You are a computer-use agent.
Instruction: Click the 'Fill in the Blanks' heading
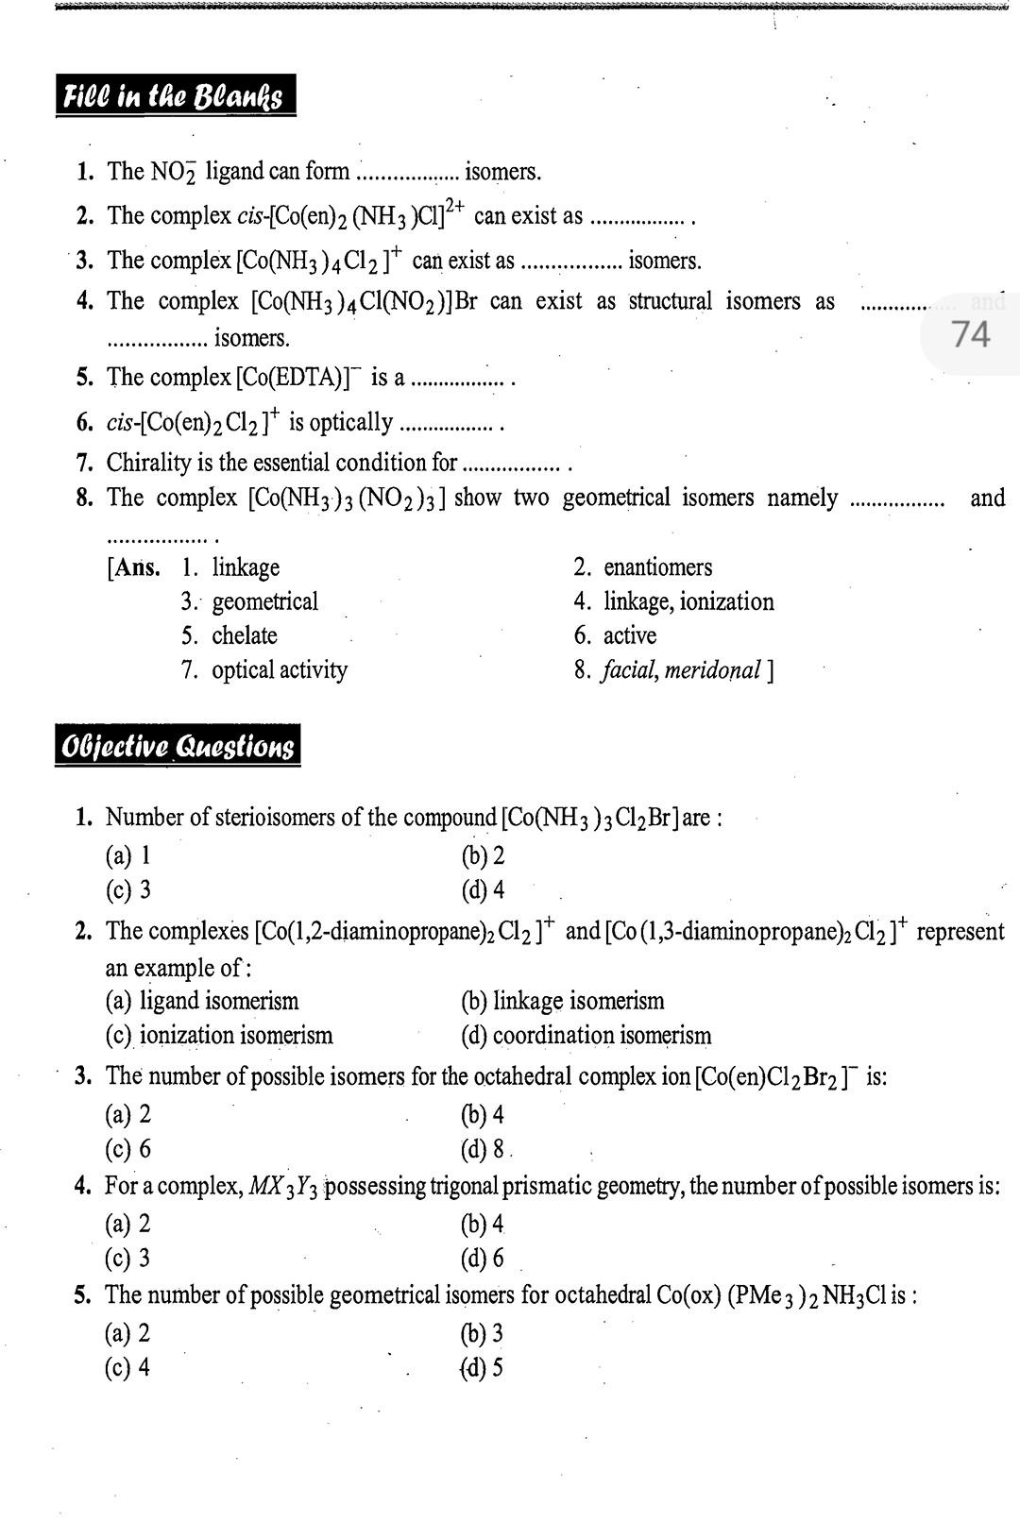[x=175, y=96]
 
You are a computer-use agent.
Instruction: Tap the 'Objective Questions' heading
[x=178, y=746]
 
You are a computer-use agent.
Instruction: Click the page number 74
[x=970, y=334]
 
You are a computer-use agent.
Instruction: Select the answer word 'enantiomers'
[x=657, y=567]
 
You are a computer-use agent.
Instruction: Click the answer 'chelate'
[x=245, y=635]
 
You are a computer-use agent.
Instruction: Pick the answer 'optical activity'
[x=280, y=670]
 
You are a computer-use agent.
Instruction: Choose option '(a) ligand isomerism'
[x=202, y=1001]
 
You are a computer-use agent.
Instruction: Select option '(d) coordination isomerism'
[x=586, y=1036]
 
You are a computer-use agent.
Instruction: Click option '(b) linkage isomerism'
[x=563, y=1001]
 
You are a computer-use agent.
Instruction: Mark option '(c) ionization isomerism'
[x=219, y=1036]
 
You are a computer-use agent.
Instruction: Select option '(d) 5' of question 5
[x=483, y=1368]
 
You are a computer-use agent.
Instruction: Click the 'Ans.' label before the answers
[x=135, y=567]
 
